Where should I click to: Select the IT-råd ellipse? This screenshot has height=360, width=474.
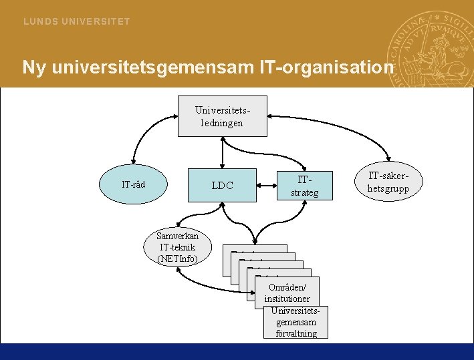pos(134,185)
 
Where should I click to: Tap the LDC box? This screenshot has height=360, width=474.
pos(223,185)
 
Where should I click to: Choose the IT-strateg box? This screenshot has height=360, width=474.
pos(304,186)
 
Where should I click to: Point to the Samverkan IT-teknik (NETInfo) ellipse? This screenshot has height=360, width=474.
pos(177,247)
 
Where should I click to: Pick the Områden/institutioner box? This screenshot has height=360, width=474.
pos(287,293)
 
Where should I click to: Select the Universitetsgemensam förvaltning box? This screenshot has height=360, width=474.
pos(296,323)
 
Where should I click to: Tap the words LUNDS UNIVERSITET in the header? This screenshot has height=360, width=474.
pos(77,21)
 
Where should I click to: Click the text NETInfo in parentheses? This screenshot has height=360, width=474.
pos(178,258)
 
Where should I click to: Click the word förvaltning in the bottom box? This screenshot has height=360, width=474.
pos(296,333)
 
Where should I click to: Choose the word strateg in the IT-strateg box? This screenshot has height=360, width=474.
pos(304,192)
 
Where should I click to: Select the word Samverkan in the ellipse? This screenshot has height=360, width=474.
pos(177,236)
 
